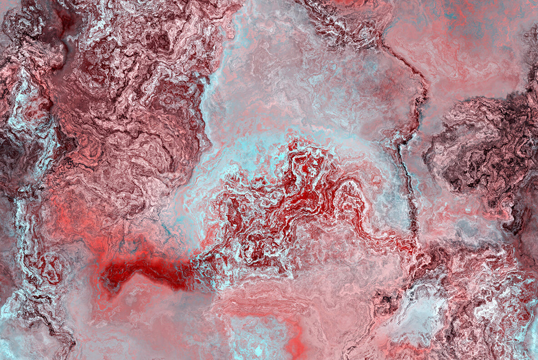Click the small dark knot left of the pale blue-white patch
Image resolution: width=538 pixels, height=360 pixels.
[x=386, y=300]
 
